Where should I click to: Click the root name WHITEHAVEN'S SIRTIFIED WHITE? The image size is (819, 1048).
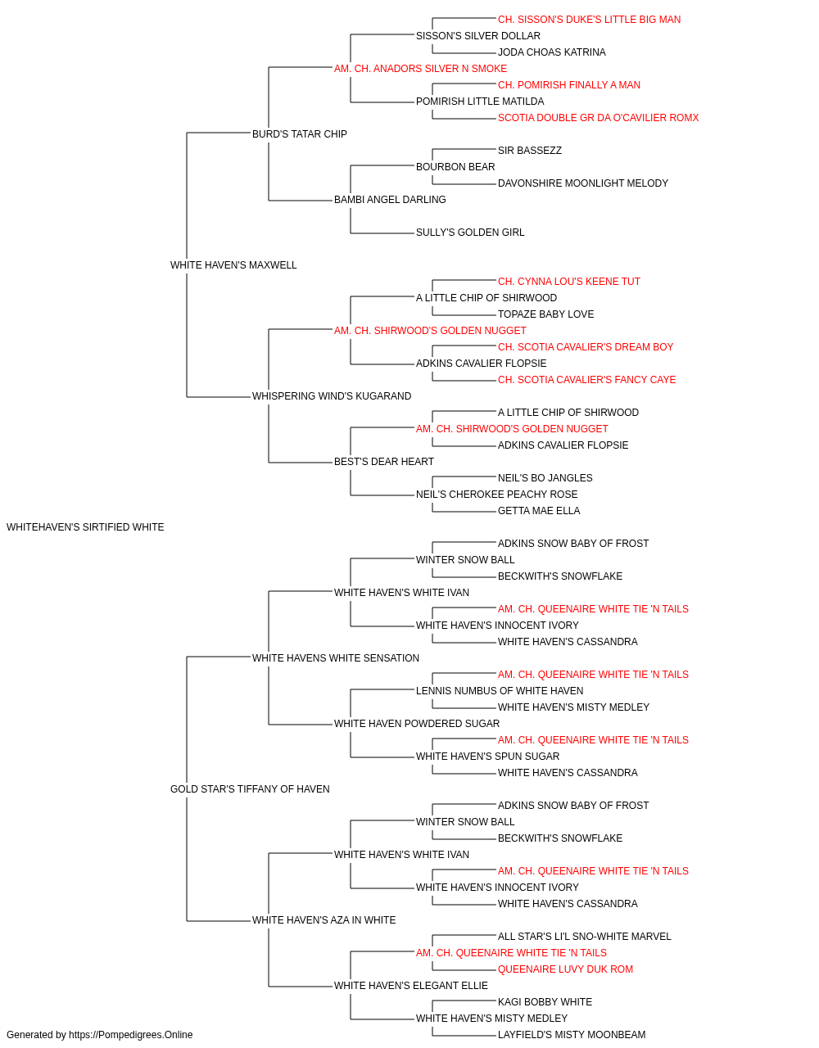(85, 527)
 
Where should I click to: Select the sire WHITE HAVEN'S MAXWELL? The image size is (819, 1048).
(233, 265)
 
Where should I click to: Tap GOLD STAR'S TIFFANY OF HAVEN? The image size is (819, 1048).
(250, 789)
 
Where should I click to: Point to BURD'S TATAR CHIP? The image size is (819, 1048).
(300, 134)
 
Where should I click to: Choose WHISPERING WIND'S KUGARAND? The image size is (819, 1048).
(332, 396)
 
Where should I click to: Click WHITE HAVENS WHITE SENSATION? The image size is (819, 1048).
(336, 658)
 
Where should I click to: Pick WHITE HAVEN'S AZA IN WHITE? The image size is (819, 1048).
(324, 920)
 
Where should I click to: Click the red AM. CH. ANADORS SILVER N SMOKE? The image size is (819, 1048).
(421, 69)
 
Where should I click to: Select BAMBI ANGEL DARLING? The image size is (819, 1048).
(390, 200)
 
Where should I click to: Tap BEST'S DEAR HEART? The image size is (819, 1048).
(384, 462)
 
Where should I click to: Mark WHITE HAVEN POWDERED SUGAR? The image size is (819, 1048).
(417, 724)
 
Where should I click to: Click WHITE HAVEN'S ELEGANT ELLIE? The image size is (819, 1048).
(411, 986)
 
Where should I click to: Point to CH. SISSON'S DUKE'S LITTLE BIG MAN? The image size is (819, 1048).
(590, 20)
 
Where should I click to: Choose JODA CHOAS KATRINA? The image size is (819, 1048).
(552, 52)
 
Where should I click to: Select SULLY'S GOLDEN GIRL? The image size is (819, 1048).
(470, 233)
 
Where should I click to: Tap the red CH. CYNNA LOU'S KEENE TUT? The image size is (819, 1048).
(569, 282)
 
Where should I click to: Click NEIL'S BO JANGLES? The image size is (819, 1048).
(545, 478)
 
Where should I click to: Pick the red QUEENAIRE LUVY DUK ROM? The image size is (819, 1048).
(565, 969)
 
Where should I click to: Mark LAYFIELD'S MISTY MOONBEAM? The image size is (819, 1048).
(572, 1035)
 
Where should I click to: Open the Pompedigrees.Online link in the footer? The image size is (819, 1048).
(131, 1035)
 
